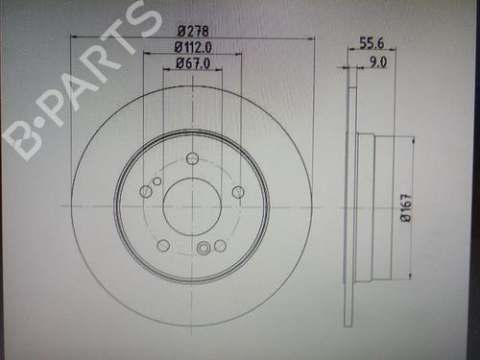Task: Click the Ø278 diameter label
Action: (193, 32)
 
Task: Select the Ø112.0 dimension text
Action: (193, 48)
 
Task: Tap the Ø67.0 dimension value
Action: (193, 63)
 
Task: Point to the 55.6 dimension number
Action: (372, 43)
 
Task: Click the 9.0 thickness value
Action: (378, 62)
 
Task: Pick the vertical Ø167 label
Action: (406, 207)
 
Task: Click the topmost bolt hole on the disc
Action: (192, 158)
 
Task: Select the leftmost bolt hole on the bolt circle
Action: (146, 191)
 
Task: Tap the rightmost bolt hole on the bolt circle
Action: (238, 192)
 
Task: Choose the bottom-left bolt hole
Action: (163, 246)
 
